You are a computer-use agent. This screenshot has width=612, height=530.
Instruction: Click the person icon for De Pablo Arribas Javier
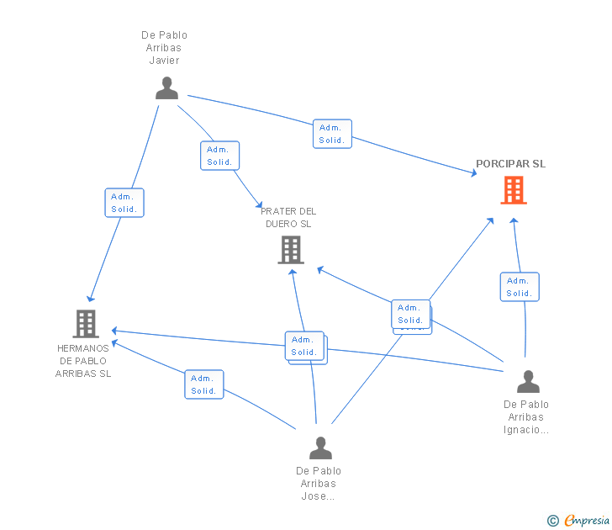[166, 88]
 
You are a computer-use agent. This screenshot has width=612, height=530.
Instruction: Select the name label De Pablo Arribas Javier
[164, 48]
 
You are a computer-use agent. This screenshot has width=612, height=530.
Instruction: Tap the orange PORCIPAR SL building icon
[513, 190]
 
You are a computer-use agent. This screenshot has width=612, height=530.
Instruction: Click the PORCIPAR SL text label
[510, 164]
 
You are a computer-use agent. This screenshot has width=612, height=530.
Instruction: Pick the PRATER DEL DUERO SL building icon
[291, 250]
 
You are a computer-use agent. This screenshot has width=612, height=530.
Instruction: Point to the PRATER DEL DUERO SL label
[288, 218]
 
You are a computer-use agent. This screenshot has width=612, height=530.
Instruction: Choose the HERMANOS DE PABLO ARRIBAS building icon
[85, 324]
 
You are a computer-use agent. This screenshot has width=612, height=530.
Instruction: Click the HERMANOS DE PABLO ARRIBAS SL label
[84, 361]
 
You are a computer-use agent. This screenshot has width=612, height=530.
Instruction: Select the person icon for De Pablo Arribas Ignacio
[528, 382]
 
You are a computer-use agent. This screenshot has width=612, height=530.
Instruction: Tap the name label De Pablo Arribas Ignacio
[526, 417]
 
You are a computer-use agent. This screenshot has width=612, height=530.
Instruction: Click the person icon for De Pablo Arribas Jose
[320, 448]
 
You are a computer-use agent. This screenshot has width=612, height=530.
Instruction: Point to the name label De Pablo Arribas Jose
[319, 484]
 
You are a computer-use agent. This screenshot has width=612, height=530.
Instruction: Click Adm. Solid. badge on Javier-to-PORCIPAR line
[332, 135]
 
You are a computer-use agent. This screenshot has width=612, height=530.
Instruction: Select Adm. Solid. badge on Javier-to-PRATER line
[219, 156]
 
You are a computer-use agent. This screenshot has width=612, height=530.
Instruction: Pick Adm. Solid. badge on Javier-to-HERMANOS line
[124, 203]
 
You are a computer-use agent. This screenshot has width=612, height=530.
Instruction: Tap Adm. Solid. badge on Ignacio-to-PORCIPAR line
[519, 287]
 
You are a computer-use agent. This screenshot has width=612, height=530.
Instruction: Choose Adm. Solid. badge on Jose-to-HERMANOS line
[203, 384]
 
